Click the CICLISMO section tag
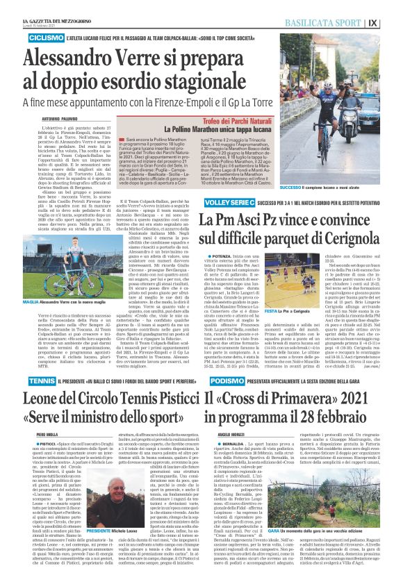coord(47,36)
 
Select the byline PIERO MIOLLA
coord(48,435)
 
